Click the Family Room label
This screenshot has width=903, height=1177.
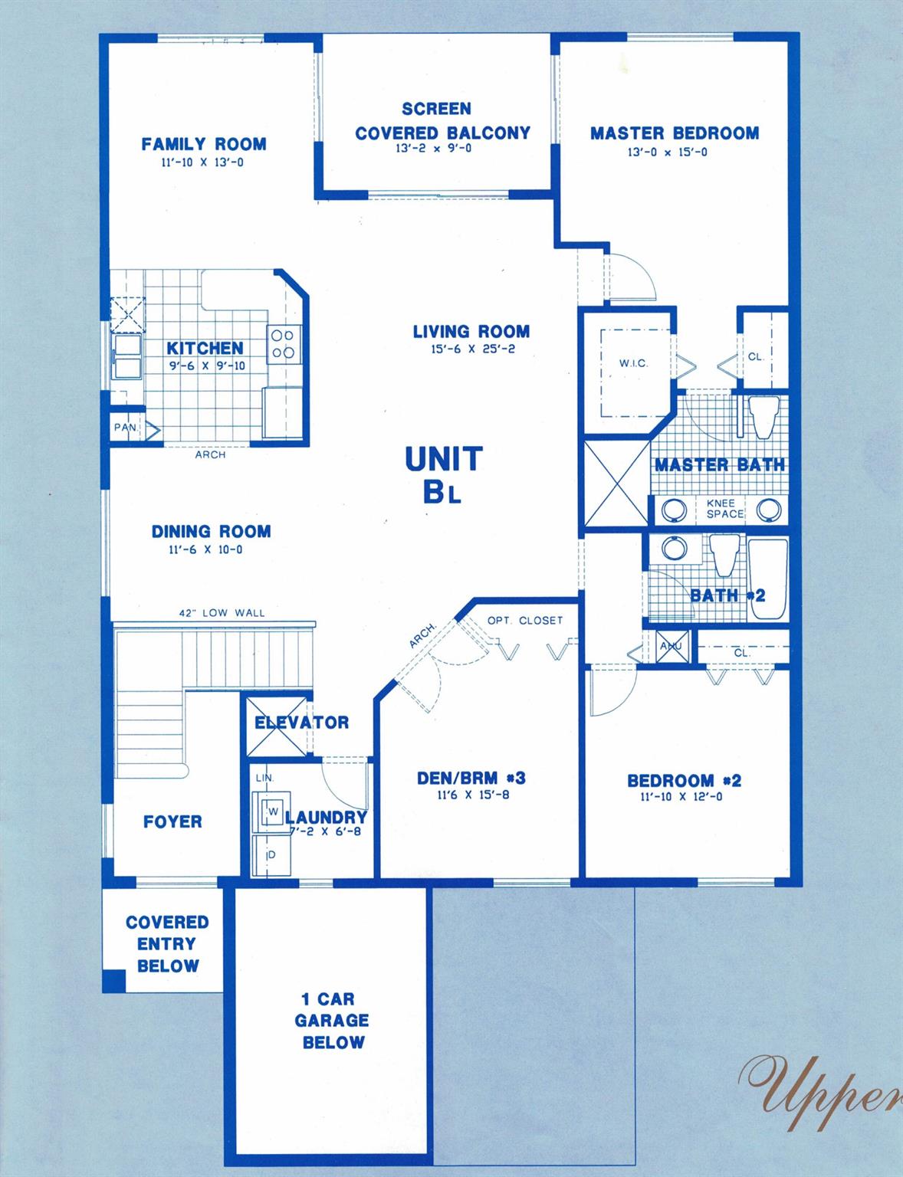[204, 144]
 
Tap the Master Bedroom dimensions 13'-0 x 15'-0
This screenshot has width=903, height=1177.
[668, 152]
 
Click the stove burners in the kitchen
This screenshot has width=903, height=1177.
[284, 344]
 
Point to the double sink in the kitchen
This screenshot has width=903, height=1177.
[127, 356]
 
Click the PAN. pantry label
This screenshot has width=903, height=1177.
[125, 428]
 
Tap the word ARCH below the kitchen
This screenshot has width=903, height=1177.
[210, 455]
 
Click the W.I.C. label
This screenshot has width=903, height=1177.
[633, 363]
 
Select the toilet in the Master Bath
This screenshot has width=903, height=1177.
[763, 416]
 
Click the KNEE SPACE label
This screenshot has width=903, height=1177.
[725, 508]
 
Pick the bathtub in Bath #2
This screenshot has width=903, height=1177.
[767, 579]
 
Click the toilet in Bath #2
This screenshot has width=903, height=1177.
[724, 556]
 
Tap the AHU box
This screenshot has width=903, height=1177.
[672, 646]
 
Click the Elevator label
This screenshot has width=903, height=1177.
[302, 722]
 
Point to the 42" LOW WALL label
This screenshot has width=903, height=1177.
[222, 613]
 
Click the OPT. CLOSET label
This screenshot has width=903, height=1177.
[525, 620]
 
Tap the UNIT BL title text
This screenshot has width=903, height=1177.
[444, 475]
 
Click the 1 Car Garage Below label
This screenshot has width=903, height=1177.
[332, 1021]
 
